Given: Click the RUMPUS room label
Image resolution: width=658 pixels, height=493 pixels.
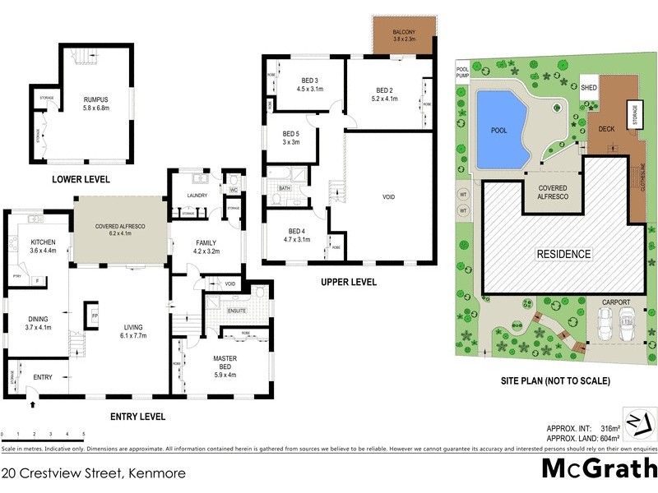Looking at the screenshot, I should pos(96,99).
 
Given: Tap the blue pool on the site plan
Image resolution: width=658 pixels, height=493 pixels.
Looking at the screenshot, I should pos(502,127).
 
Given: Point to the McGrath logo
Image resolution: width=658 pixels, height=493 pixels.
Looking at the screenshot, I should pos(600,469).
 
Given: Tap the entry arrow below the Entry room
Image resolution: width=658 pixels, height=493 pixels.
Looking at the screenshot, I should pos(32,402).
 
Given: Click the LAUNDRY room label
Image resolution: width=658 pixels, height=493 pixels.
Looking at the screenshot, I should pos(197,196).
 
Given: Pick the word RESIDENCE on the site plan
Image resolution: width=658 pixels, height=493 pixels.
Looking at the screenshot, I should pos(563,254).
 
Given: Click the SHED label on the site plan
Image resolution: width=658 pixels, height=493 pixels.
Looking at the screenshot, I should pos(589,86).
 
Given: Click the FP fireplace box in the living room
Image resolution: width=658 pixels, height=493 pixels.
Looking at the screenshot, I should pos(95,315).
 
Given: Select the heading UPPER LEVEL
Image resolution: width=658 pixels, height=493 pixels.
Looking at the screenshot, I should pos(349,282).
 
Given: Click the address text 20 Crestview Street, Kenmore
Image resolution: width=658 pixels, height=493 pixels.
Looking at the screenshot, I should pos(93,473).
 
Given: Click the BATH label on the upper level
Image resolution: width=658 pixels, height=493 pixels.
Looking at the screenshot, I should pos(285,188).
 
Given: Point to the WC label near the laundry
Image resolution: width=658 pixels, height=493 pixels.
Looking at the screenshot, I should pos(234,191).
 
